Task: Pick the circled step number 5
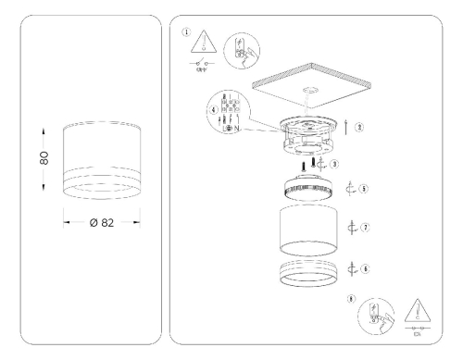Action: click(x=364, y=188)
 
